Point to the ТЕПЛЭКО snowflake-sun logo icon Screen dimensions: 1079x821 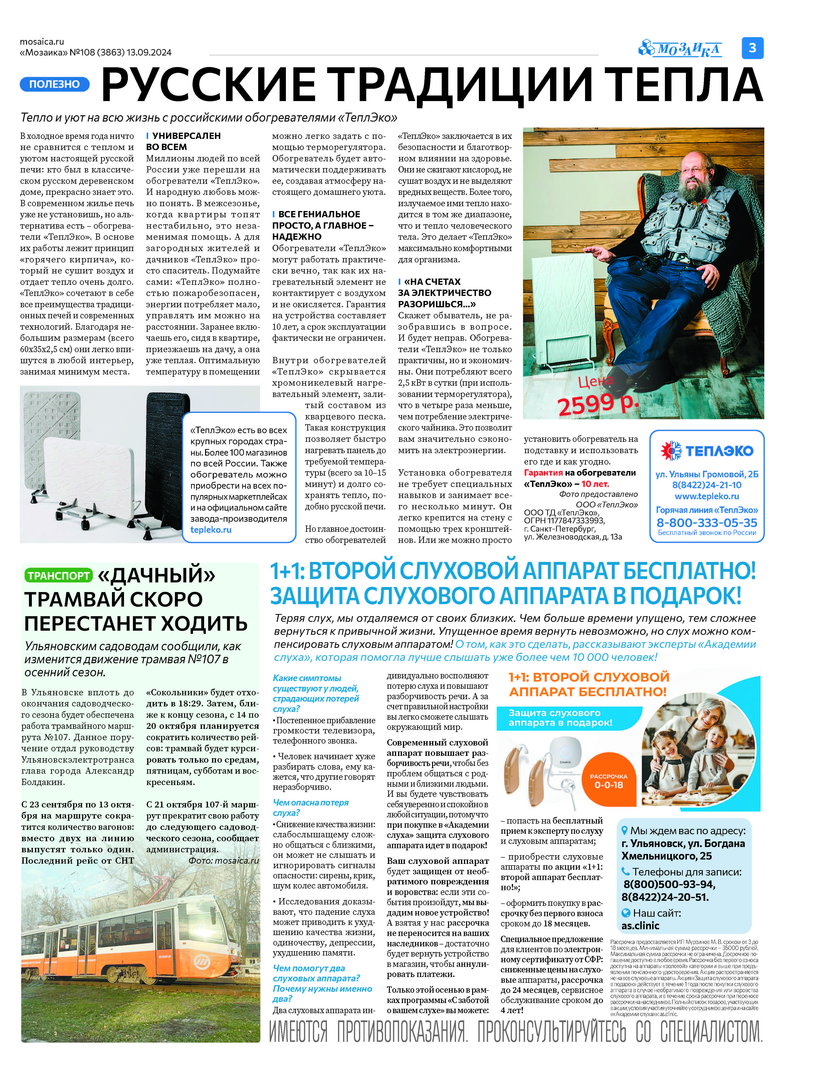pos(671,450)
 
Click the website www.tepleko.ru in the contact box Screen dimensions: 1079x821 pos(707,496)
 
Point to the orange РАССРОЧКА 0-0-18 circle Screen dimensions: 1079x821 pos(608,781)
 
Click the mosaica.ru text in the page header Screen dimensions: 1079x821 pos(42,41)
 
